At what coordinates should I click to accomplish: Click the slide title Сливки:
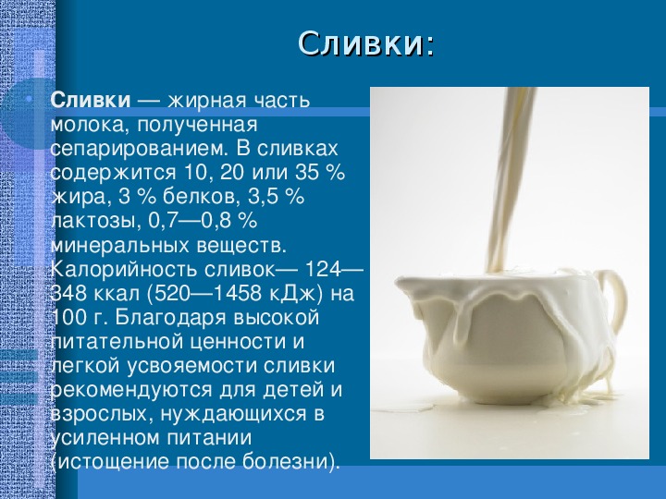coord(366,43)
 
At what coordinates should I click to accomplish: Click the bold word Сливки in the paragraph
coord(91,101)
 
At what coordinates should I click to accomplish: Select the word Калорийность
coord(124,270)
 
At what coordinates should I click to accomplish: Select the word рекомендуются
coord(130,391)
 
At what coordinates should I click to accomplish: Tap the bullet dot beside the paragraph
coord(29,100)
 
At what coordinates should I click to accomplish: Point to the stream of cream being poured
coord(509,178)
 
